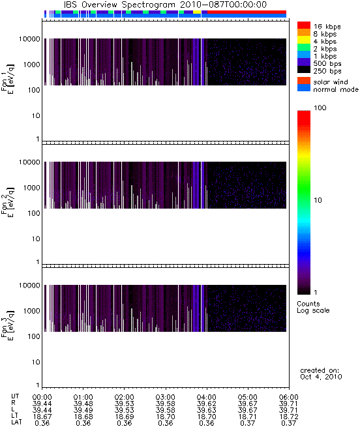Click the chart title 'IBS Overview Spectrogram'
point(119,5)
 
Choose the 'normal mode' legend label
point(336,89)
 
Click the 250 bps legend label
point(327,71)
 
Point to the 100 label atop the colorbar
point(320,108)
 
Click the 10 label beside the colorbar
point(318,200)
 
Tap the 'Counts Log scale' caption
point(313,307)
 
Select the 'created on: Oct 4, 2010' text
point(321,374)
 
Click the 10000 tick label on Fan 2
point(29,162)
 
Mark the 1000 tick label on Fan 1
point(31,65)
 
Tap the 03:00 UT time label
point(165,397)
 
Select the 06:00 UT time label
point(289,397)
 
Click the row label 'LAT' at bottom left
point(16,422)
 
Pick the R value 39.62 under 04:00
point(206,404)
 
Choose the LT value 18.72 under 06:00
point(289,417)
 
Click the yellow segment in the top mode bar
point(197,12)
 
